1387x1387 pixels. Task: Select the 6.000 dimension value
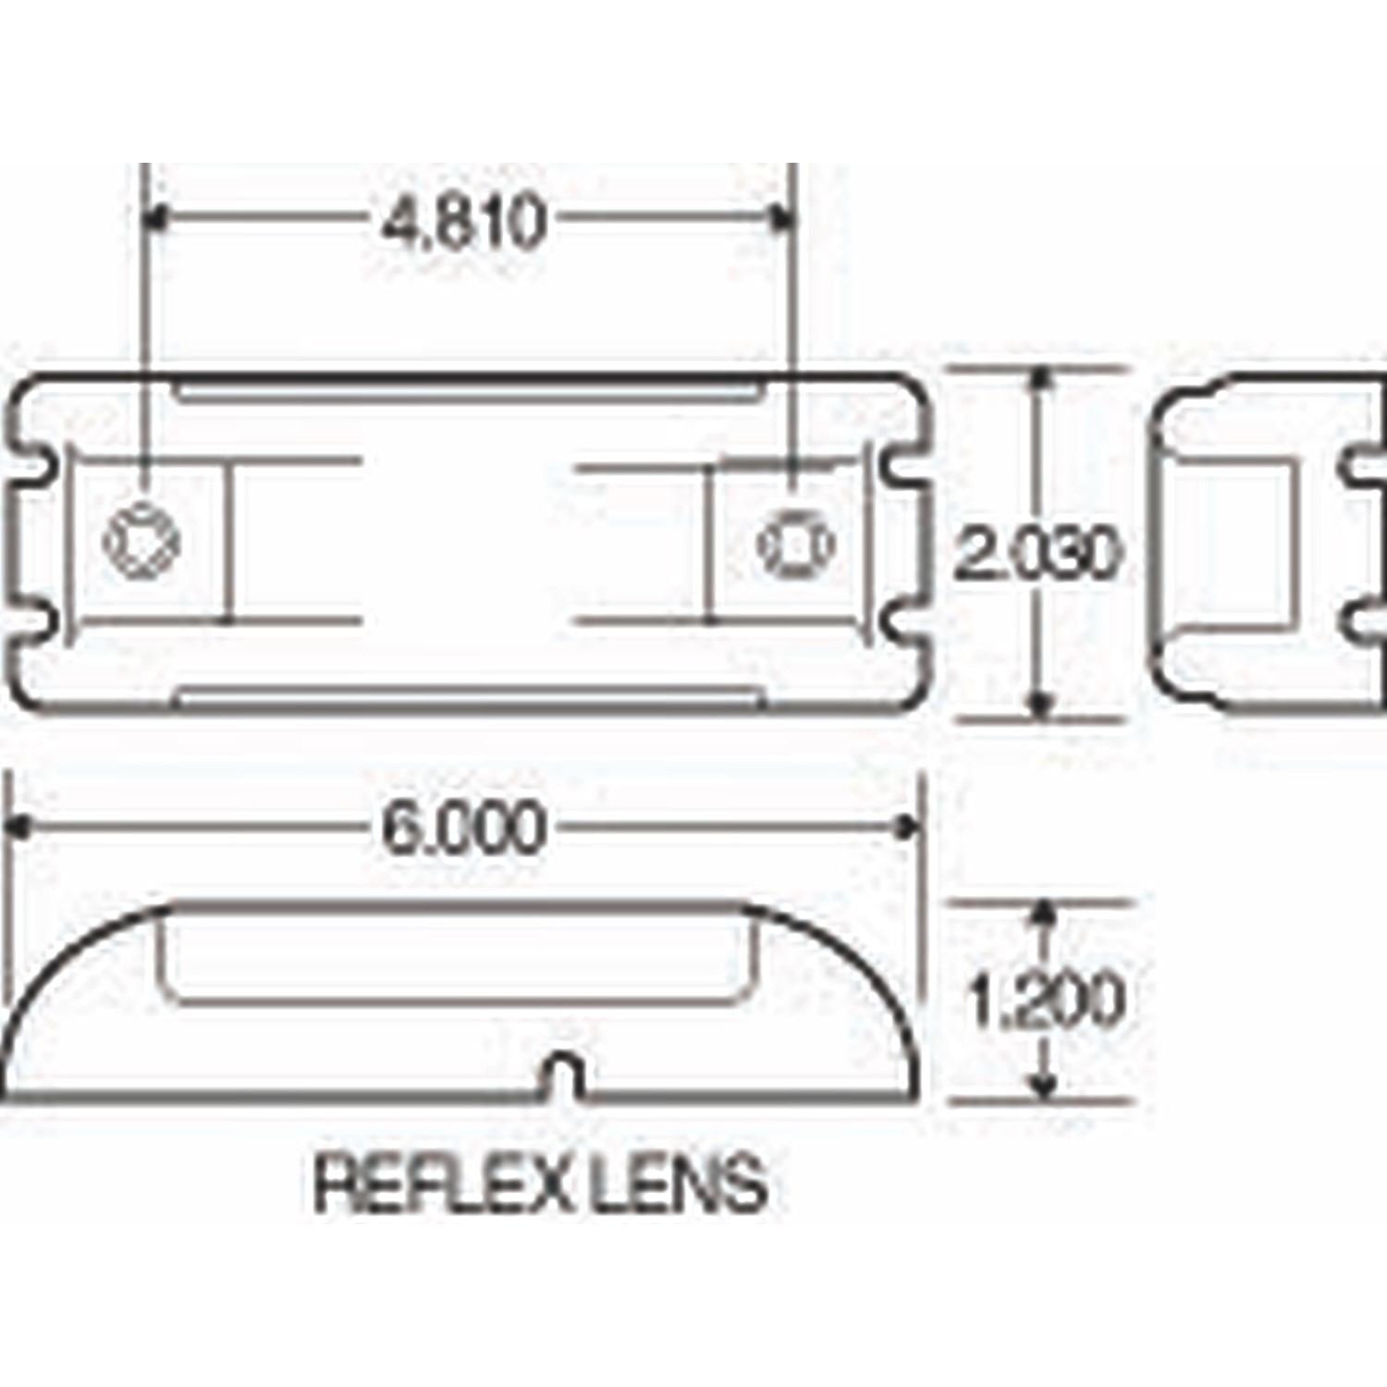(x=462, y=829)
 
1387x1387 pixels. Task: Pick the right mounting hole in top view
(x=796, y=543)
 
